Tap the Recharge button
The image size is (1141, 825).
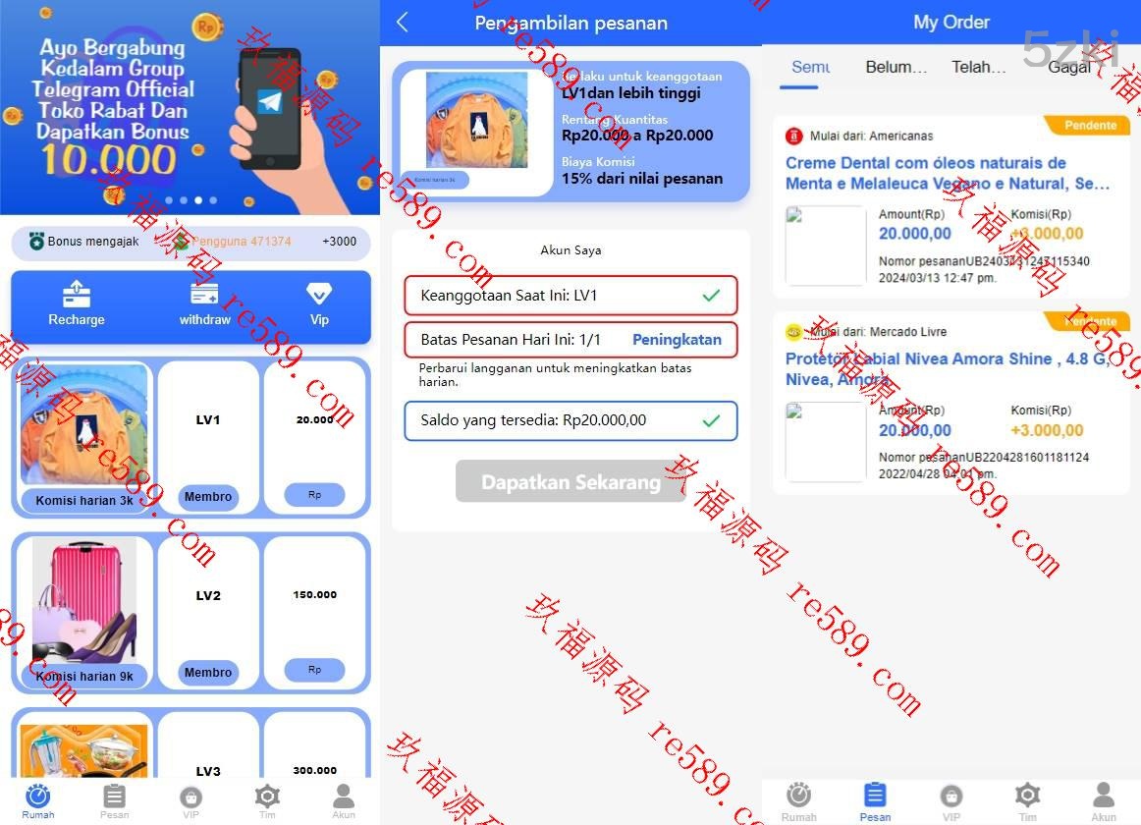(x=77, y=303)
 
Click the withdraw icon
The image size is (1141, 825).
(x=204, y=294)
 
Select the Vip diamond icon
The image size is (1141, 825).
(x=319, y=294)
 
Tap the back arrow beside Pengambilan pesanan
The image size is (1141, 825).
(x=403, y=23)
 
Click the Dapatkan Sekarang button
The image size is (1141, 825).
(x=570, y=481)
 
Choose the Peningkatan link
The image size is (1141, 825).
(x=677, y=340)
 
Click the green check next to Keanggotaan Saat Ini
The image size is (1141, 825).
(x=711, y=296)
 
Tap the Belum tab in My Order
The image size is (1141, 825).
(x=896, y=67)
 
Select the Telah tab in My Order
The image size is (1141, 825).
(x=978, y=67)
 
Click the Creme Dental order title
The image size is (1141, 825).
(x=948, y=173)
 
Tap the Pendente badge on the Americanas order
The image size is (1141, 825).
(x=1090, y=126)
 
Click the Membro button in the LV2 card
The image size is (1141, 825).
(x=208, y=673)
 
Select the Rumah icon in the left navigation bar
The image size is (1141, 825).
(x=38, y=797)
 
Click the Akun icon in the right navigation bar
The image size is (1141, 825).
(x=1104, y=797)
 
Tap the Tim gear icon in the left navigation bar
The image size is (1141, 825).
(x=267, y=797)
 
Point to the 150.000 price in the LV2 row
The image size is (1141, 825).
(x=314, y=594)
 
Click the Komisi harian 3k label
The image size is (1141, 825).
(x=84, y=501)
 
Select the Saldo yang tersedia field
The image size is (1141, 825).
(x=570, y=420)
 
